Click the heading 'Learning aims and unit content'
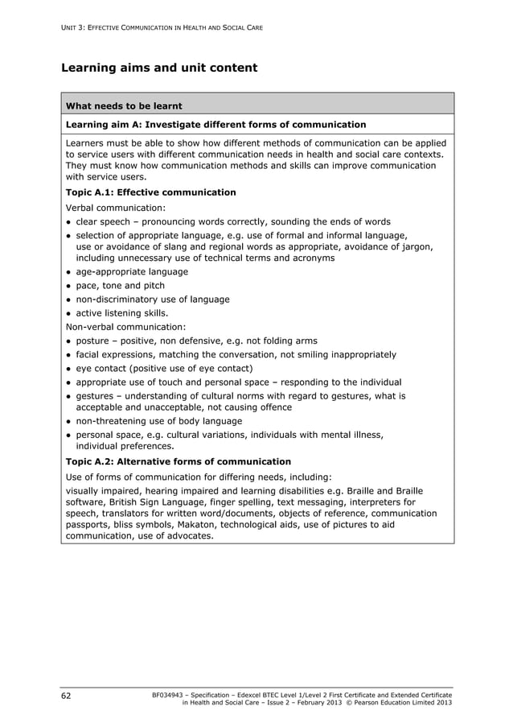pos(159,68)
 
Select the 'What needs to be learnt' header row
pos(124,105)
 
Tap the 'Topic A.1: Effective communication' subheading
pos(150,192)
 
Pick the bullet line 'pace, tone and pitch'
pos(120,286)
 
